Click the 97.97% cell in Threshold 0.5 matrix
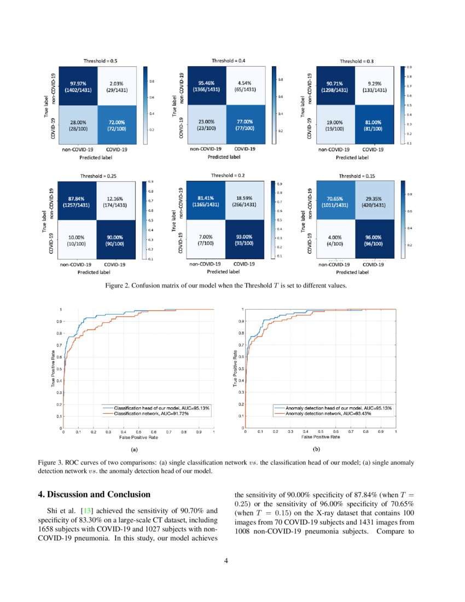(x=78, y=85)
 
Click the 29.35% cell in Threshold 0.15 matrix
(x=372, y=201)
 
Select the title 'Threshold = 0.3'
(x=356, y=61)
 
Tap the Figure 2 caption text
(x=225, y=286)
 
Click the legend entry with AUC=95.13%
(x=161, y=408)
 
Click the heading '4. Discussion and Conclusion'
(x=94, y=495)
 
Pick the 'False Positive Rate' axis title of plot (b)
(x=321, y=437)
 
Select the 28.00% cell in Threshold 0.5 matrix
(x=78, y=126)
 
